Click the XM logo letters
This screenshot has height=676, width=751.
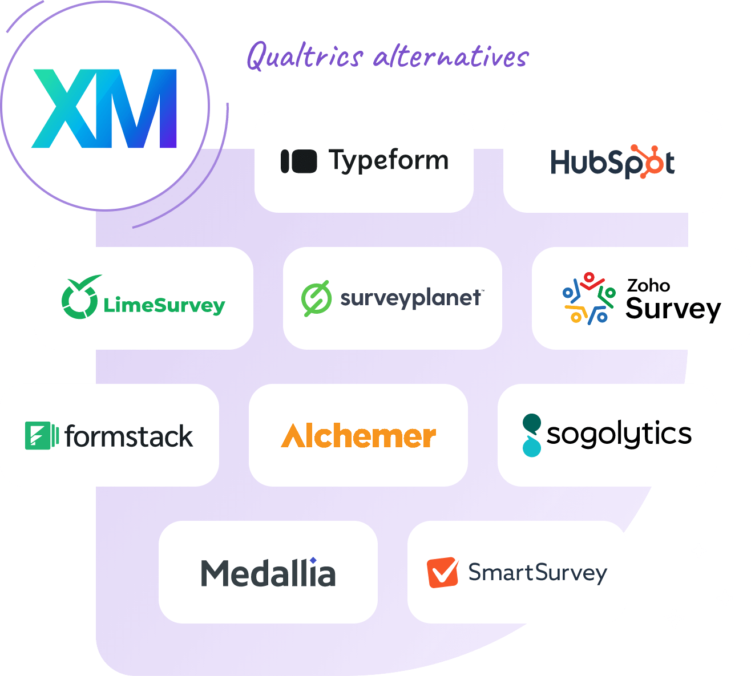coord(104,108)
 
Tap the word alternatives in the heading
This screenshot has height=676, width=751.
coord(451,57)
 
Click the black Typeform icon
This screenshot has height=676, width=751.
coord(298,161)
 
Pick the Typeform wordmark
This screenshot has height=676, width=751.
coord(389,161)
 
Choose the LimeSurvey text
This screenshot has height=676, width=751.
coord(164,305)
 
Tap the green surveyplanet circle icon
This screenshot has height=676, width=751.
coord(316,298)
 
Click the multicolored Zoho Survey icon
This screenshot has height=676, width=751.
coord(588,298)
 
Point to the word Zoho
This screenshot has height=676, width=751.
coord(648,285)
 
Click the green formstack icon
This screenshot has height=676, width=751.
coord(41,436)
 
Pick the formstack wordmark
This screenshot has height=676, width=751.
coord(129,436)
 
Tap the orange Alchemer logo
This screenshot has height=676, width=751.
coord(358,436)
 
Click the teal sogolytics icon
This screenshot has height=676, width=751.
coord(531,435)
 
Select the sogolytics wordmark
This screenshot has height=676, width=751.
coord(619,434)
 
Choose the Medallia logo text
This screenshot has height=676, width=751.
coord(268,573)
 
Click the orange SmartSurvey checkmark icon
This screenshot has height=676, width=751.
coord(442,572)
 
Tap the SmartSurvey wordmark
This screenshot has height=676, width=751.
coord(538,573)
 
